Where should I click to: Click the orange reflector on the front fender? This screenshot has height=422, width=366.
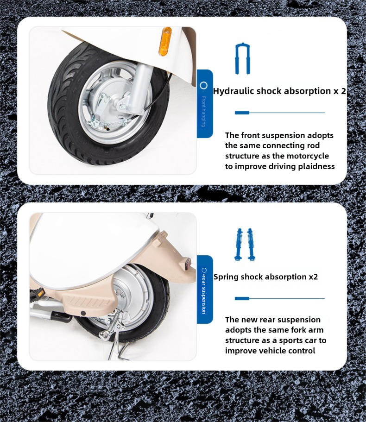pos(165,42)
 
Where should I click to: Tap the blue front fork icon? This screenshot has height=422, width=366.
pos(242,58)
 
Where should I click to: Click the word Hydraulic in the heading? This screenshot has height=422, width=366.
pos(233,91)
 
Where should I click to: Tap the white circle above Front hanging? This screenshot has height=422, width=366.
pos(204,86)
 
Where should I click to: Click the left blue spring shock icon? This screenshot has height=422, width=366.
pos(239,245)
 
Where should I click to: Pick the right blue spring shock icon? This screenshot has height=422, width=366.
pos(251,245)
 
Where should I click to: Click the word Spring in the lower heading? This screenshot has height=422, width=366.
pos(226,277)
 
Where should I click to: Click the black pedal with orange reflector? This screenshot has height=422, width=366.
pos(37,293)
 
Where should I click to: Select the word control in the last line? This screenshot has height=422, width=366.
pos(301,351)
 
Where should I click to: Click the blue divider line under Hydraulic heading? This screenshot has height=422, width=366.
pos(280,113)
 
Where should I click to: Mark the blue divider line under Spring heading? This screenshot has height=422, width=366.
pos(280,298)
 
